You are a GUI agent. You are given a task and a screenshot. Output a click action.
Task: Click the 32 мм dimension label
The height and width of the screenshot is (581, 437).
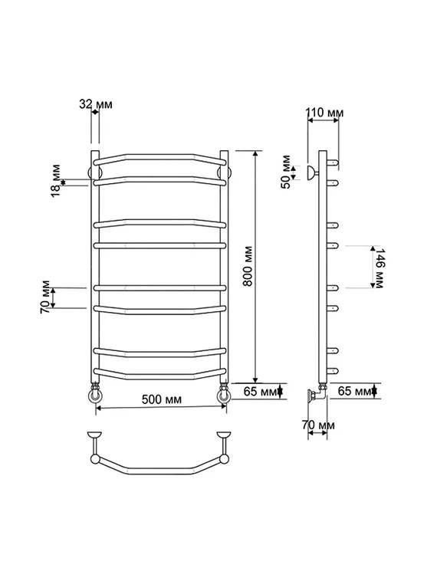click(x=96, y=104)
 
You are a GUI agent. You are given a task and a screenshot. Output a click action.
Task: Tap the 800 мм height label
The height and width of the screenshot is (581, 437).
click(x=248, y=266)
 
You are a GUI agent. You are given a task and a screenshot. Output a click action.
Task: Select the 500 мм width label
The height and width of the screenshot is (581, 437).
click(x=162, y=399)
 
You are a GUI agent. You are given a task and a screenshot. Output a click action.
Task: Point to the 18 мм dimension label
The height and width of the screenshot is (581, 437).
click(x=55, y=180)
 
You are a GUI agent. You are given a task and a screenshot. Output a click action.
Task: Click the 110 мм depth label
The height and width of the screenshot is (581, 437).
click(x=325, y=112)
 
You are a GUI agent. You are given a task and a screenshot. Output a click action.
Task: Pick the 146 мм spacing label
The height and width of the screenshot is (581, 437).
click(x=379, y=268)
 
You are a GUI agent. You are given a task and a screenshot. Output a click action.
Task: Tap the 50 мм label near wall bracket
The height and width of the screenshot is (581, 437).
click(x=287, y=172)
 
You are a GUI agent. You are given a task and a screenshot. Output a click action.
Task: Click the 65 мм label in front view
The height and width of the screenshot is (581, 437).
click(x=261, y=391)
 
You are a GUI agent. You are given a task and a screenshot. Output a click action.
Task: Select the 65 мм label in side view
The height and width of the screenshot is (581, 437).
click(x=355, y=391)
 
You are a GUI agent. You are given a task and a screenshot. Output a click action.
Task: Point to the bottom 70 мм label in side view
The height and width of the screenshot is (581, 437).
click(x=318, y=425)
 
